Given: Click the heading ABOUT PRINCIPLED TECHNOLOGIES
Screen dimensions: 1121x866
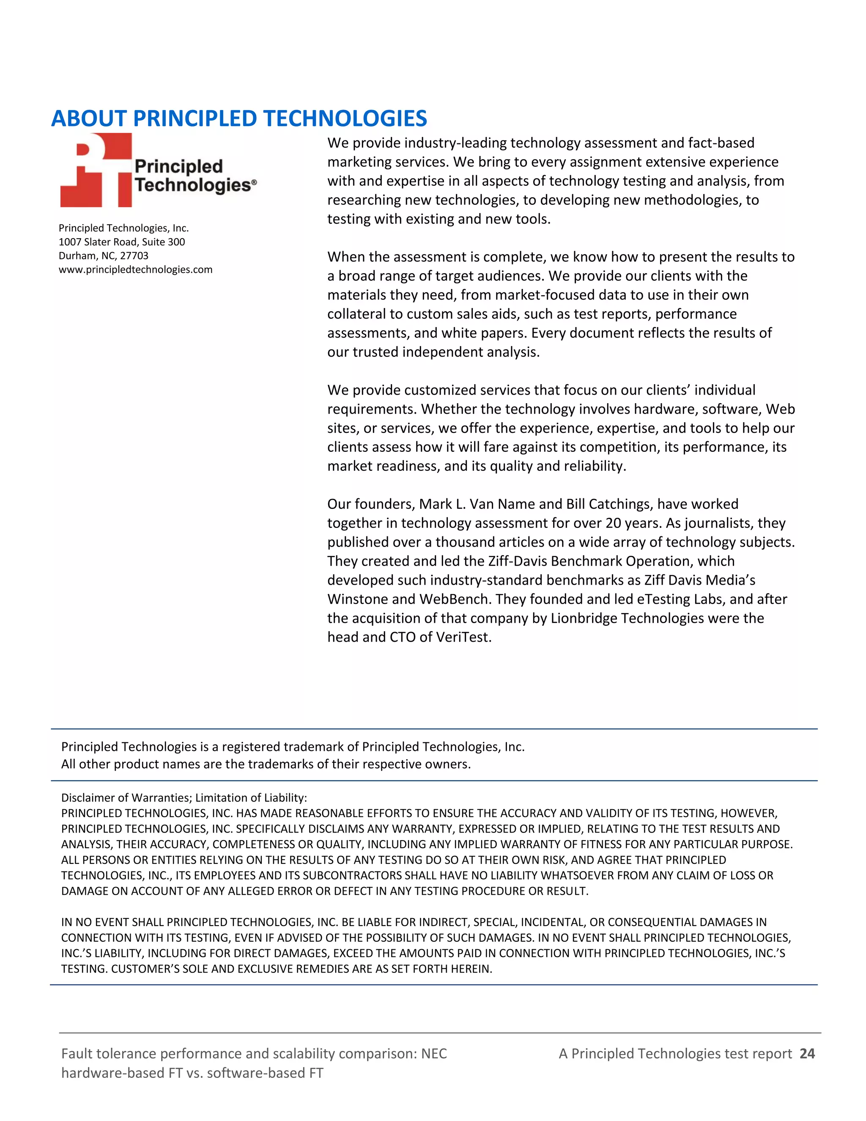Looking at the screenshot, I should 238,118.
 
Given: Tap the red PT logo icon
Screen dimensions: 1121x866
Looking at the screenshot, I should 96,170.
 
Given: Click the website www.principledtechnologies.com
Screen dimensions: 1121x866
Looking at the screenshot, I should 135,269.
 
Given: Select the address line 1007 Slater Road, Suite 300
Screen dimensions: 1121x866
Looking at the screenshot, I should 122,242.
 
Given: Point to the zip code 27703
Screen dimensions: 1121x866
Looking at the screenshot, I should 134,256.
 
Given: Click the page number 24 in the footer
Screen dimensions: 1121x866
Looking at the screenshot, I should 807,1053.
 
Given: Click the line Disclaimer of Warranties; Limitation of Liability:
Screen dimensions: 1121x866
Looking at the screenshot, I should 184,798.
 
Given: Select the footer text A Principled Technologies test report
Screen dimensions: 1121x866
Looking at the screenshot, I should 675,1053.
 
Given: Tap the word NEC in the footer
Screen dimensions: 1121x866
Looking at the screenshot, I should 433,1053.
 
